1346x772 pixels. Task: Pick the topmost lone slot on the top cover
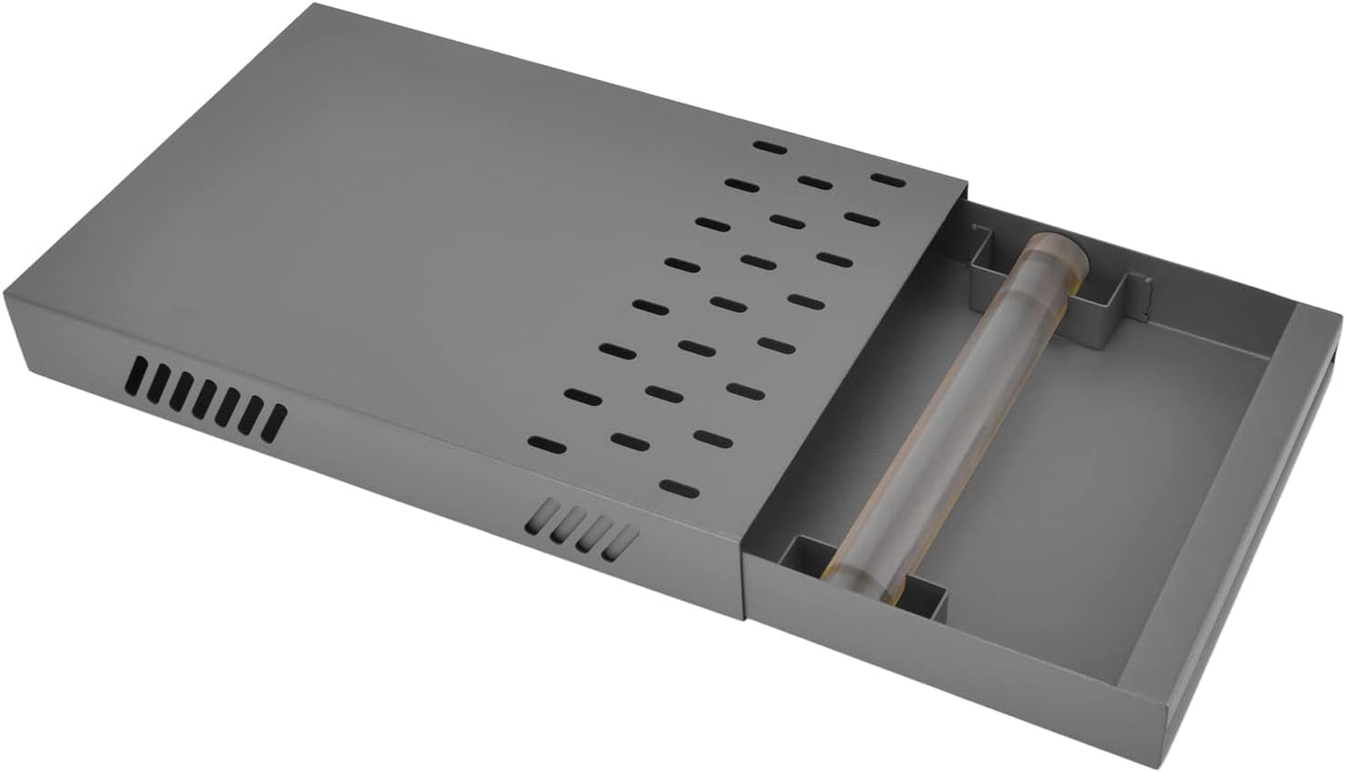pyautogui.click(x=768, y=147)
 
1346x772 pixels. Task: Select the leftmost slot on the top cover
pyautogui.click(x=547, y=444)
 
